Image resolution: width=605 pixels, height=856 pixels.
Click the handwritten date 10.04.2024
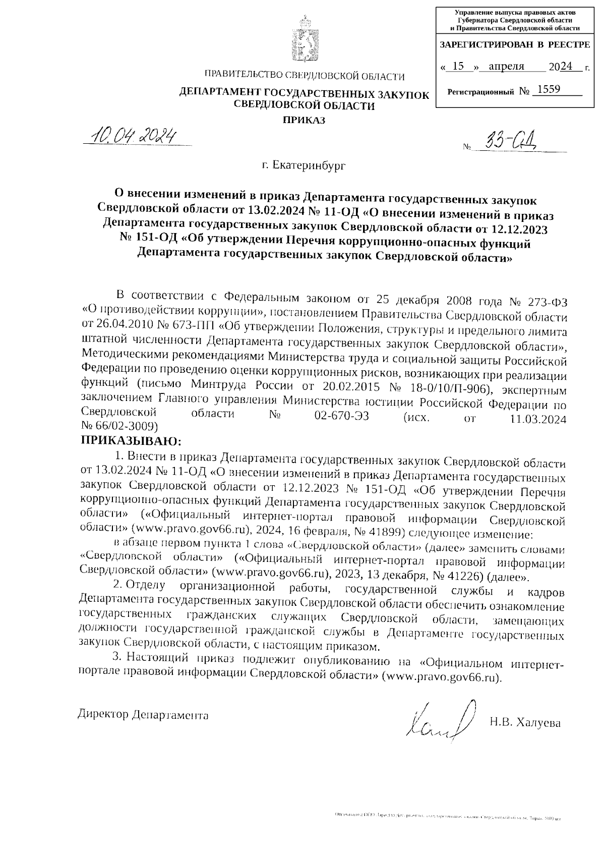coord(132,135)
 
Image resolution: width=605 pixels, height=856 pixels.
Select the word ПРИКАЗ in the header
coord(304,120)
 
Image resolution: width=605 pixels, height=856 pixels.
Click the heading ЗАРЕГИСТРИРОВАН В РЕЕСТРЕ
coord(515,44)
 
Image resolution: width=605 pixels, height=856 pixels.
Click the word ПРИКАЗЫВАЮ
coord(131,440)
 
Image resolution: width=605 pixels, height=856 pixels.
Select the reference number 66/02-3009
coord(126,426)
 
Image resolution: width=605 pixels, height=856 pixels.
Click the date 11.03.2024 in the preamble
coord(535,419)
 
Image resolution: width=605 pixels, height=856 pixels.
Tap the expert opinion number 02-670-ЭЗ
coord(337,417)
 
